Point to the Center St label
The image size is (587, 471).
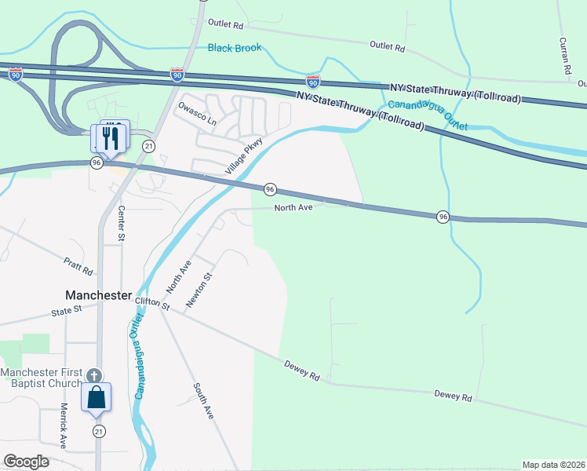click(x=122, y=223)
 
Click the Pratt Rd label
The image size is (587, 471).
click(x=79, y=267)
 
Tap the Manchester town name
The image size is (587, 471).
click(x=97, y=295)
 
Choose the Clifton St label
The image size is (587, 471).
click(x=152, y=302)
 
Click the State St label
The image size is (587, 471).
click(x=67, y=311)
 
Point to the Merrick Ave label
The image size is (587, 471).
click(x=64, y=426)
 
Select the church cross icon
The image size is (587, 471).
click(x=94, y=376)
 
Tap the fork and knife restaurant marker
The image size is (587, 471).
click(x=110, y=138)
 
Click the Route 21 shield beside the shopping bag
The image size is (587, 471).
click(x=99, y=432)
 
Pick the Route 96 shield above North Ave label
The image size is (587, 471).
click(x=270, y=189)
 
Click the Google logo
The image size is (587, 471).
click(x=26, y=462)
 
